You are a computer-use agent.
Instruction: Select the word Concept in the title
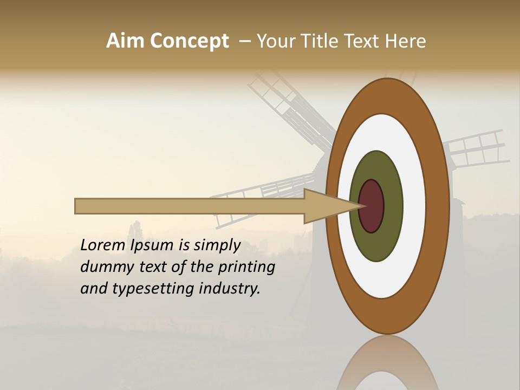[190, 41]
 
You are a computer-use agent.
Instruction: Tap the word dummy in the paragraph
[103, 267]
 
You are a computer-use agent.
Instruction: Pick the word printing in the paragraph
[246, 267]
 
